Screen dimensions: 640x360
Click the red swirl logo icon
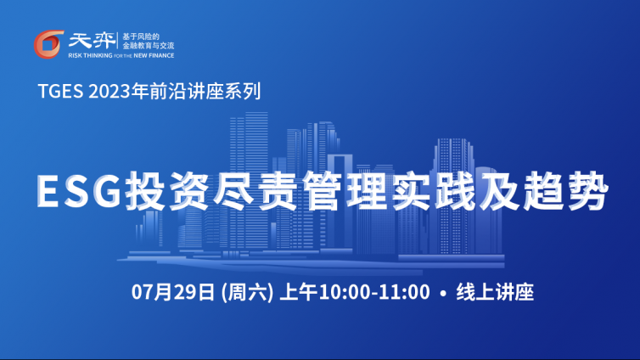point(48,44)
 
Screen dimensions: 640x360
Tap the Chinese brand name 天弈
point(92,40)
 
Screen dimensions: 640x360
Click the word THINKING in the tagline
point(98,55)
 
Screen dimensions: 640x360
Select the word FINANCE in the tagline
point(161,55)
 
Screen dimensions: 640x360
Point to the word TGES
point(61,91)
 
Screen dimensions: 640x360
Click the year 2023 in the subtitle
point(109,91)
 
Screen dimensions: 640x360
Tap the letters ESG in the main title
point(79,191)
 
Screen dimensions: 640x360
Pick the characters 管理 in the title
point(345,191)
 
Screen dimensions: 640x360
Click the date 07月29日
point(172,292)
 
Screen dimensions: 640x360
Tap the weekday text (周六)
point(247,292)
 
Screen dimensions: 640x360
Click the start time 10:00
point(344,292)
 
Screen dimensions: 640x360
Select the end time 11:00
point(405,292)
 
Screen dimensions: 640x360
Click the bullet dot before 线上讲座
point(443,293)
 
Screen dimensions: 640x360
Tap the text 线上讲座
point(495,292)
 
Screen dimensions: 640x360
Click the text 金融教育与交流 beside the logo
point(149,46)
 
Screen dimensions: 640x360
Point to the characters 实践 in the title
point(433,191)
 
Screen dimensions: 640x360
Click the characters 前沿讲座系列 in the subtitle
point(205,91)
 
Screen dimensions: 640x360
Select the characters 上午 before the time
point(299,292)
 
